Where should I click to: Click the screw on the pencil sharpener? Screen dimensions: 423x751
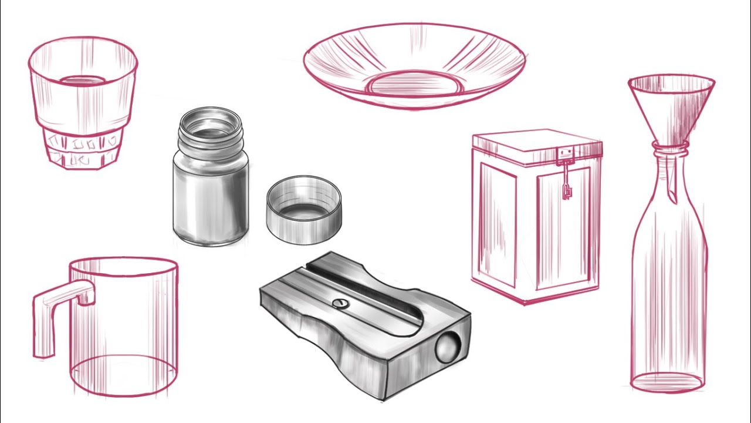[340, 303]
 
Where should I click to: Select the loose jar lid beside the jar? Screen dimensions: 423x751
[303, 210]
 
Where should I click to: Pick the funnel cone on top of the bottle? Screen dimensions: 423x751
[671, 106]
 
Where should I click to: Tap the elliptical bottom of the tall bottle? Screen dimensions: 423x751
[667, 382]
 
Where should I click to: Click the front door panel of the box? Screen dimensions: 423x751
[563, 232]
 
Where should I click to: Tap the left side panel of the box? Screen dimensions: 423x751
[497, 223]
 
